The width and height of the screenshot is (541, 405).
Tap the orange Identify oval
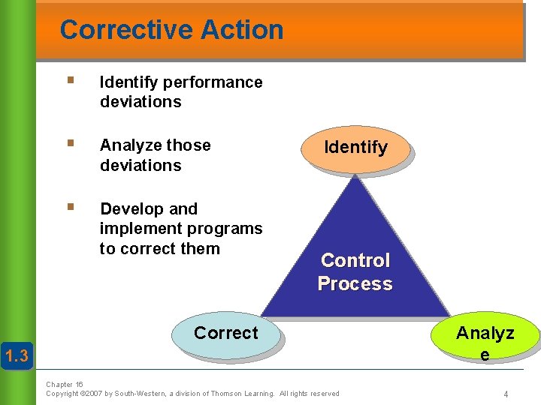click(355, 147)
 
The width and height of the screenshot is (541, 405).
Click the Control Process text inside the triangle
click(355, 272)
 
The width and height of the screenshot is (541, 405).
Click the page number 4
click(506, 394)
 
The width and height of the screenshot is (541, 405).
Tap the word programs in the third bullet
click(226, 229)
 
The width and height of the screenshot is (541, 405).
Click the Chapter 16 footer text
click(65, 384)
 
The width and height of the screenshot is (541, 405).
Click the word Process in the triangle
click(355, 284)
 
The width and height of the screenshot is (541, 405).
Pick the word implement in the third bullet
click(135, 229)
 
